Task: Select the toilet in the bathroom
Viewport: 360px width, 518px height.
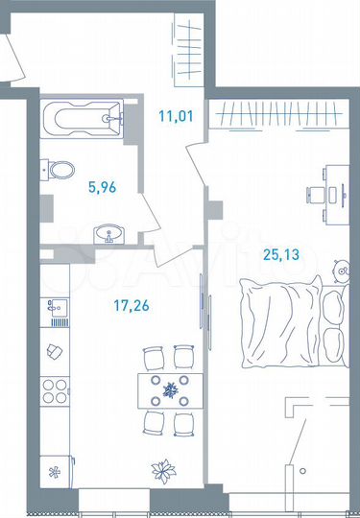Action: click(60, 171)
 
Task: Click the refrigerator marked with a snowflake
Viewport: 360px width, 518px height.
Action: click(55, 470)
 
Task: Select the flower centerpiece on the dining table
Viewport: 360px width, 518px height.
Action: click(171, 389)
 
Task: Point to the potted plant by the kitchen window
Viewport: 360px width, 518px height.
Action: click(159, 470)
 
